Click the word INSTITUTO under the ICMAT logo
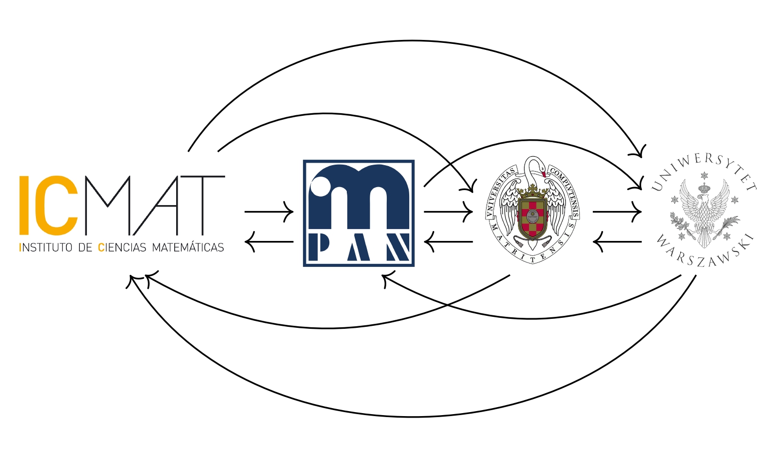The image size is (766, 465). click(x=46, y=247)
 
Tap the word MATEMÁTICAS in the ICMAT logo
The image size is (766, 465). click(x=188, y=246)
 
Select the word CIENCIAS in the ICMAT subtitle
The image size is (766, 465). click(x=122, y=247)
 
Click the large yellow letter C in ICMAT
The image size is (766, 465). click(x=61, y=206)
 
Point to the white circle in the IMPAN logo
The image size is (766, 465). click(x=320, y=186)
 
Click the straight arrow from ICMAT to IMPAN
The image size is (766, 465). click(x=269, y=212)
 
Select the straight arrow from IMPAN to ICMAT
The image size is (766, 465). click(x=269, y=242)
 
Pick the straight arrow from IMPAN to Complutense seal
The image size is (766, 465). click(x=448, y=212)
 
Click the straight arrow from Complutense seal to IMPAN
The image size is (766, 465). click(x=448, y=242)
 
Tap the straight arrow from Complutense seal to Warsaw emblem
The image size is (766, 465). click(x=617, y=212)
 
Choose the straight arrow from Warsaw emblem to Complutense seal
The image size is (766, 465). click(x=617, y=242)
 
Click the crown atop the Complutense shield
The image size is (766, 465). click(x=532, y=189)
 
